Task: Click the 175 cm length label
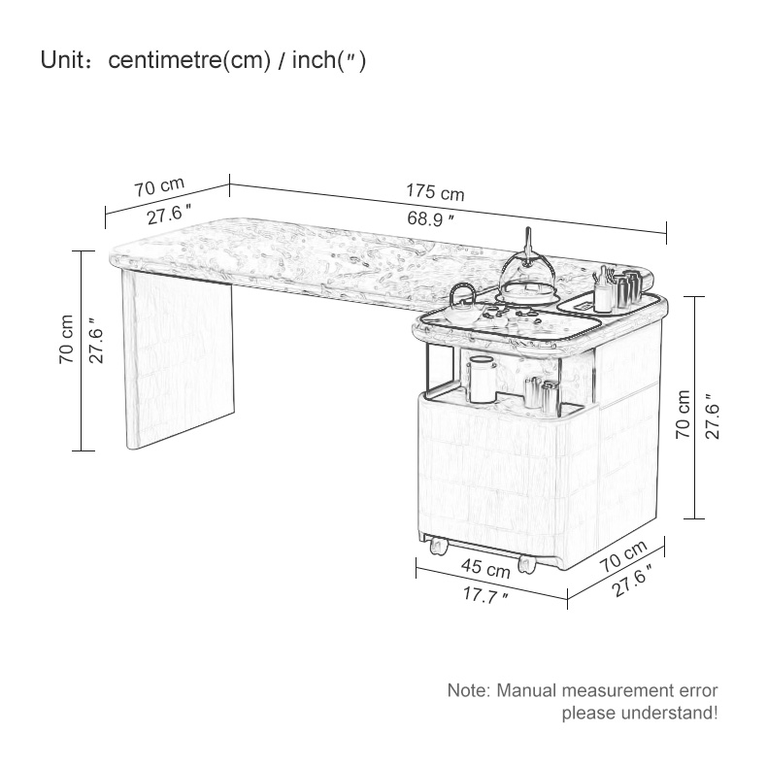[x=435, y=191]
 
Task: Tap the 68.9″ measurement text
[x=430, y=218]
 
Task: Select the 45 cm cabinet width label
[x=485, y=567]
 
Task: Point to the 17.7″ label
[x=485, y=595]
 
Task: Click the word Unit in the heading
[x=62, y=60]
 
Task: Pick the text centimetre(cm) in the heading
[x=189, y=60]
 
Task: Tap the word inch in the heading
[x=313, y=60]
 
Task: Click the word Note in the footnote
[x=468, y=690]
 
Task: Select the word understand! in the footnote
[x=670, y=714]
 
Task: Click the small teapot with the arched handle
[x=462, y=306]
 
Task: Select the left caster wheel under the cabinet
[x=438, y=546]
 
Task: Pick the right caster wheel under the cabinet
[x=527, y=563]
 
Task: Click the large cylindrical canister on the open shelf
[x=482, y=380]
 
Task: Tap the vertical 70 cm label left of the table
[x=66, y=339]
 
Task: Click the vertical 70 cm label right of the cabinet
[x=683, y=414]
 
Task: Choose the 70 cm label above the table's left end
[x=159, y=186]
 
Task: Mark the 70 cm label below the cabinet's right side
[x=623, y=556]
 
